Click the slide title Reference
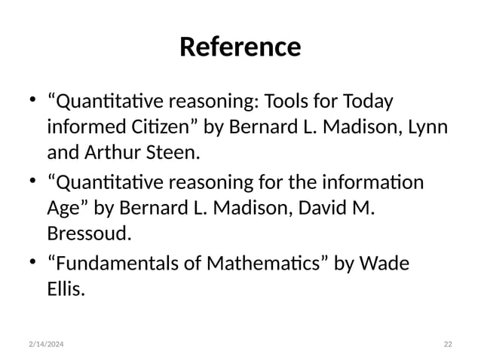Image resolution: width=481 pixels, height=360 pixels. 240,47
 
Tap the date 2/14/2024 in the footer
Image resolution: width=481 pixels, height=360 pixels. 44,343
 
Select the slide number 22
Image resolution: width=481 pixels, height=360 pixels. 448,343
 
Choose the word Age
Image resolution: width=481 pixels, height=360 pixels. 63,209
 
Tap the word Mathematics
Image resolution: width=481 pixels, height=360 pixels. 278,264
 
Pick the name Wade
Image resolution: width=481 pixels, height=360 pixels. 387,264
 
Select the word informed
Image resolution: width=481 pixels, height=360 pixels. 81,127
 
